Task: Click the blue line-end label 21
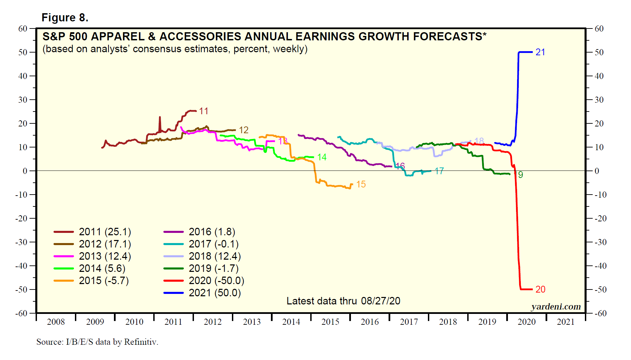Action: tap(540, 52)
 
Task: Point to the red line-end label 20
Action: tap(540, 289)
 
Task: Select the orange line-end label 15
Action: tap(361, 184)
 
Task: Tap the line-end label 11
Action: tap(203, 111)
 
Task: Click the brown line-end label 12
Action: tap(243, 130)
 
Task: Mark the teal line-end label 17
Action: tap(439, 171)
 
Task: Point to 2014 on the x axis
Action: tap(291, 322)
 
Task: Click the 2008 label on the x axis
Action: tap(56, 322)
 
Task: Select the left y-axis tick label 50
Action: tap(23, 52)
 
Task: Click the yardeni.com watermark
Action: tap(556, 307)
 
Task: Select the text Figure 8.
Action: tap(65, 18)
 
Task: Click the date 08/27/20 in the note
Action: tap(380, 301)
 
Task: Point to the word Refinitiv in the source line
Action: tap(141, 342)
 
